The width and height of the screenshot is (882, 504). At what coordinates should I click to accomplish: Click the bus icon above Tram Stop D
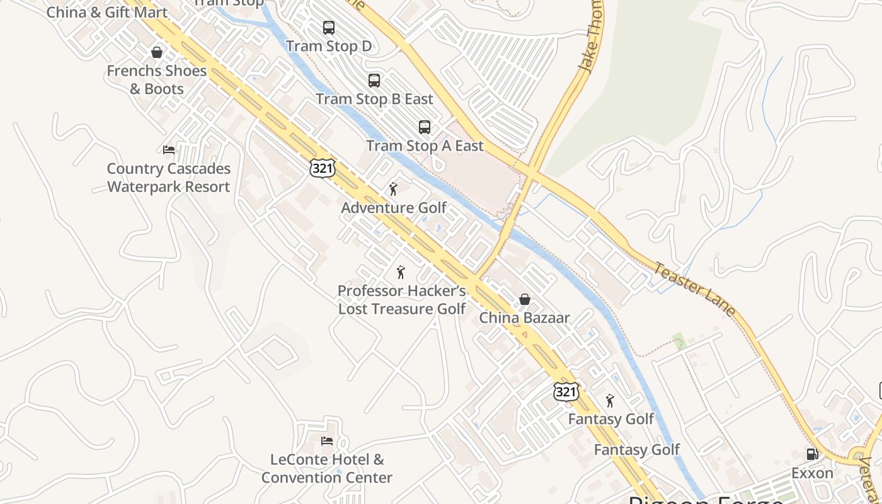coord(329,28)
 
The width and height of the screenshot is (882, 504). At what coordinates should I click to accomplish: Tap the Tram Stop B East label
coord(374,100)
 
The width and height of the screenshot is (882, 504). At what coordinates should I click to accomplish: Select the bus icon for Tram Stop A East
coord(425,127)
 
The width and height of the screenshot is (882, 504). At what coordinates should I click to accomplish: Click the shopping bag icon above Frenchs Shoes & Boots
coord(157,52)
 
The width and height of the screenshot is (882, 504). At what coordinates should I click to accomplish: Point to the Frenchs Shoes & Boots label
coord(157,80)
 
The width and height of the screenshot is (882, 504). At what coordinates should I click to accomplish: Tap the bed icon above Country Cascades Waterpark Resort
coord(169,150)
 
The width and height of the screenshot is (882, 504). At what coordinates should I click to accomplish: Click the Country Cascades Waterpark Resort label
coord(169,178)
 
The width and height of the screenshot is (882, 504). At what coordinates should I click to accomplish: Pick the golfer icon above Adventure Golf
coord(394,189)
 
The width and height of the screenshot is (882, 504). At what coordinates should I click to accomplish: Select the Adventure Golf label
coord(394,208)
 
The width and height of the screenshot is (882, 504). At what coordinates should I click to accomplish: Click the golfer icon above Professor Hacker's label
coord(401,272)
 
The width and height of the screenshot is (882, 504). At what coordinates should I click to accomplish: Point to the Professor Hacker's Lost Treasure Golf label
coord(402,300)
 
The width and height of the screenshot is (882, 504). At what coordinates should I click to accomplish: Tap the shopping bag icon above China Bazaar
coord(524,299)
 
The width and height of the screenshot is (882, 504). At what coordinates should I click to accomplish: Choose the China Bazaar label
coord(524,318)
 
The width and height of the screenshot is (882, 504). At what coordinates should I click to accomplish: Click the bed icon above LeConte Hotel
coord(327,441)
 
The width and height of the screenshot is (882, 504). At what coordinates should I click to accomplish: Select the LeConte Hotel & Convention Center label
coord(327,469)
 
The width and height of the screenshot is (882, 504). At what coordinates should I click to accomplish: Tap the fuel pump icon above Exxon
coord(812,454)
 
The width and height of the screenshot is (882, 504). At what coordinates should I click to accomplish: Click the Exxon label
coord(812,473)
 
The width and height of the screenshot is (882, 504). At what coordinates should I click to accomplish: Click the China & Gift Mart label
coord(107,12)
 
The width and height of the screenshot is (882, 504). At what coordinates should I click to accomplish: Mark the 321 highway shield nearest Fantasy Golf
coord(566,392)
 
